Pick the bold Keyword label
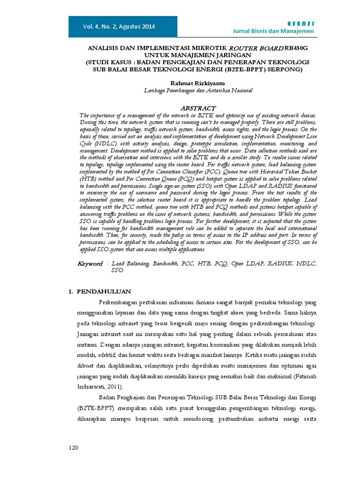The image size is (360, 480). point(90,264)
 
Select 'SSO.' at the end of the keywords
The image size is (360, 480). point(117,270)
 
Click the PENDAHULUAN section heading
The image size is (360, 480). point(104,292)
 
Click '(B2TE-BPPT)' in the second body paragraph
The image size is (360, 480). point(93,409)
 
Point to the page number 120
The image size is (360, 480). point(73,448)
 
